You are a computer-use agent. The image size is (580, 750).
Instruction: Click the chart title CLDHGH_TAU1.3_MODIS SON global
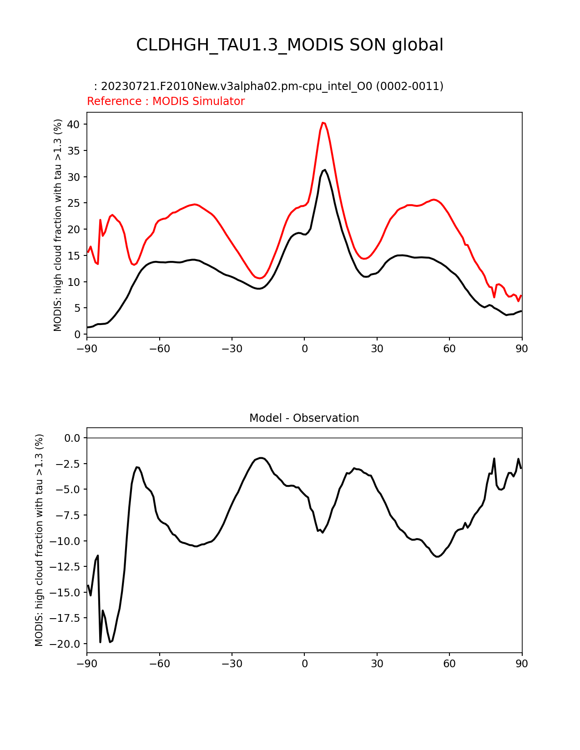290,45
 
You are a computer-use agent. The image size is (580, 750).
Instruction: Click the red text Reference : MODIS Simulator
166,101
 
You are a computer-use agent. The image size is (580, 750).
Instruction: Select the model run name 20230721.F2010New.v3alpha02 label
268,86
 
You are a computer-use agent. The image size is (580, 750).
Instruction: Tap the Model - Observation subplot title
304,418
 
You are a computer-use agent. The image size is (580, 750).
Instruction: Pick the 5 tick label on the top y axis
77,308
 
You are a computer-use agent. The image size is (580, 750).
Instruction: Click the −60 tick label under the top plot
159,349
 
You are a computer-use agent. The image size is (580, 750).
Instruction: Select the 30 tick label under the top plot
377,349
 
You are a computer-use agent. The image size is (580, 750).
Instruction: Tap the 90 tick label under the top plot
522,349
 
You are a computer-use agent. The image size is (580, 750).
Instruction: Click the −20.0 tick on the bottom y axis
68,644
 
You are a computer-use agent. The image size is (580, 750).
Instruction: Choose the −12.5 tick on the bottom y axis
68,567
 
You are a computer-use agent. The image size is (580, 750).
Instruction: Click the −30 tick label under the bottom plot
232,664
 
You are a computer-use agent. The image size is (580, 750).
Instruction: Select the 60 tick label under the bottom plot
449,664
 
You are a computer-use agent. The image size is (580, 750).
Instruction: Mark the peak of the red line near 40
323,123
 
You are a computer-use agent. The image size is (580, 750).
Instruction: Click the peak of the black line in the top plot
324,170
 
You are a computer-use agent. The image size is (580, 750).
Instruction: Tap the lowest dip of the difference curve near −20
110,642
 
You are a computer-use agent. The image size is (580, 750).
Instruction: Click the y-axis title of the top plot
58,225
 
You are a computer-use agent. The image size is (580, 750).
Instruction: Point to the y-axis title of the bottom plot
39,540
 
